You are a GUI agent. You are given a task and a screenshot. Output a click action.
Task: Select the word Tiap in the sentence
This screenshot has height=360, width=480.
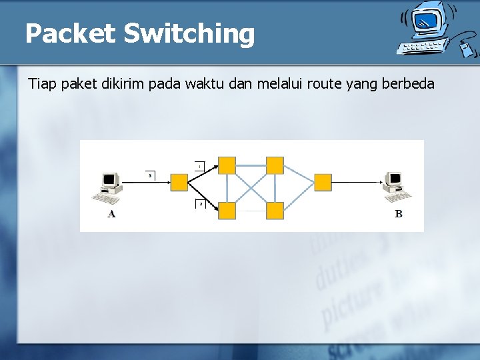(x=43, y=84)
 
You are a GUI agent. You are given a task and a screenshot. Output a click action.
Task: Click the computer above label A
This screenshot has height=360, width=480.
(x=109, y=187)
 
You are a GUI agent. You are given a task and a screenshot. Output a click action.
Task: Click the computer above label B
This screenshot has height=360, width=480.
(x=397, y=186)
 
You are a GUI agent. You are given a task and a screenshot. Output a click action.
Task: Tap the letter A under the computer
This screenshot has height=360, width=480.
(x=111, y=214)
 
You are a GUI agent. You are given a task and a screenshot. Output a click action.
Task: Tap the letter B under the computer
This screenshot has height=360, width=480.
(x=399, y=214)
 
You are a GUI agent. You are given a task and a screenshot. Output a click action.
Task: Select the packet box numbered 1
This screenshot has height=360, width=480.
(x=199, y=165)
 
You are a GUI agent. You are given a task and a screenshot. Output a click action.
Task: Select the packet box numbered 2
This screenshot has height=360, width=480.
(x=199, y=203)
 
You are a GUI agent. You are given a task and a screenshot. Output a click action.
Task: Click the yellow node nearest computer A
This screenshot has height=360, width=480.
(x=179, y=182)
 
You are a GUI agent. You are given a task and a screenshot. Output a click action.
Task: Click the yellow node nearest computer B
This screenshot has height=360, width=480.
(x=323, y=182)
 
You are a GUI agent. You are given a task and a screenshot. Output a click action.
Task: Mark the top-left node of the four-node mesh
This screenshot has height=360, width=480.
(x=227, y=165)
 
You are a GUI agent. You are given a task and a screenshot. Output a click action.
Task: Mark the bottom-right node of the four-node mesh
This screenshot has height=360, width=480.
(x=275, y=211)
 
